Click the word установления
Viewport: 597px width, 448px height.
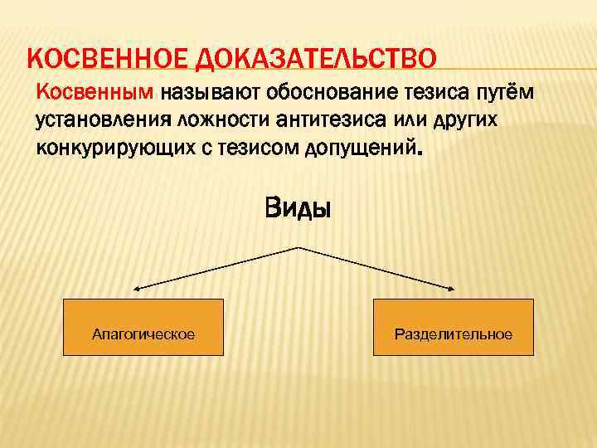[100, 120]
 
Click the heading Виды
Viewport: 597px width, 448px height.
[298, 207]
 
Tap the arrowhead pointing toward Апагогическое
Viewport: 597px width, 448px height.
[137, 289]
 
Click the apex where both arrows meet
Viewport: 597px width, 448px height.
[298, 248]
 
